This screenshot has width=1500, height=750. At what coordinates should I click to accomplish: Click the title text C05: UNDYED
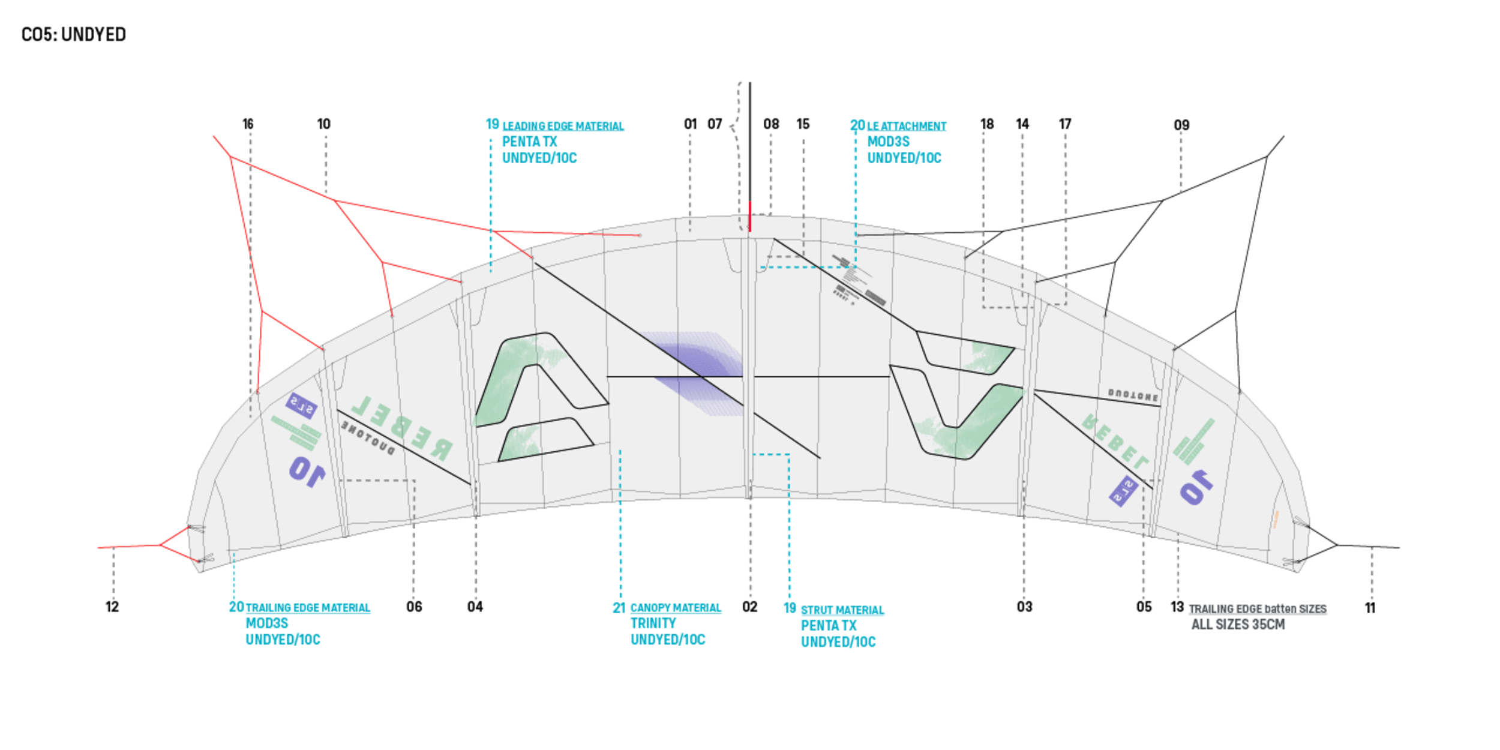(x=73, y=35)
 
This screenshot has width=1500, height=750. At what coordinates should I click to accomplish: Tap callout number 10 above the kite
(x=324, y=124)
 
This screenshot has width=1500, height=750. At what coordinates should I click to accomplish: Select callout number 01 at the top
(x=690, y=124)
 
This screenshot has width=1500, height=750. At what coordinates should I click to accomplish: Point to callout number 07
(x=714, y=124)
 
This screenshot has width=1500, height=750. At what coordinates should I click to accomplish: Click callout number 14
(x=1022, y=124)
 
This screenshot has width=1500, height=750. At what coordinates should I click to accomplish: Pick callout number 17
(x=1065, y=124)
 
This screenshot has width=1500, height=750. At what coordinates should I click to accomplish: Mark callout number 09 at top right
(x=1181, y=125)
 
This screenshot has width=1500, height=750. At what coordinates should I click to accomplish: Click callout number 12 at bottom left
(x=112, y=607)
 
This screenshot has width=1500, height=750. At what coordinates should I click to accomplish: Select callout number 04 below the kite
(x=475, y=607)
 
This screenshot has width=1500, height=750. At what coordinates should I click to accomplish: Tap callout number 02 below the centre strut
(x=750, y=607)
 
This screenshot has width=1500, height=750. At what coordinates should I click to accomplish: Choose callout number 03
(x=1024, y=607)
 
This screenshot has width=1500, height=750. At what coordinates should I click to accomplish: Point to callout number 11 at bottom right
(x=1370, y=608)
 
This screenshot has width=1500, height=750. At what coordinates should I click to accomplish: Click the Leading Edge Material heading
(x=563, y=127)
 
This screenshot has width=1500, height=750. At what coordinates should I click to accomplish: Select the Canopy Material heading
(x=676, y=609)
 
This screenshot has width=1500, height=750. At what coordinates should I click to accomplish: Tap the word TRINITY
(x=653, y=624)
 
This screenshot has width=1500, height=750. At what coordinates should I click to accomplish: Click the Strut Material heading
(x=842, y=611)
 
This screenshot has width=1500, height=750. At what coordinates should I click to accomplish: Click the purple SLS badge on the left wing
(x=301, y=406)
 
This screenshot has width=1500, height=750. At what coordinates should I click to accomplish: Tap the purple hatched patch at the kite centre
(x=696, y=372)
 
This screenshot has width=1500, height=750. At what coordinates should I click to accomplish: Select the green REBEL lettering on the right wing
(x=1116, y=441)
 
